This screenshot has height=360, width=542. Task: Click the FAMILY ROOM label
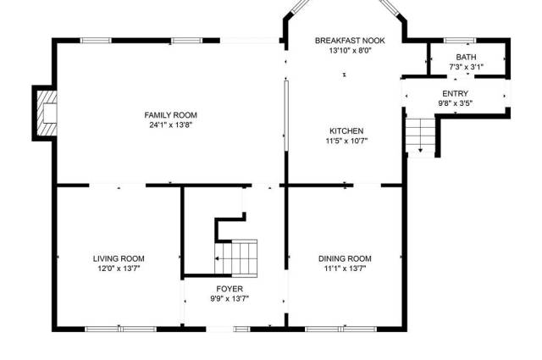tap(170, 115)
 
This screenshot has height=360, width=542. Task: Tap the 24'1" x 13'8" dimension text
tap(170, 125)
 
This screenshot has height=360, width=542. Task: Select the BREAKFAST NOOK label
tap(350, 41)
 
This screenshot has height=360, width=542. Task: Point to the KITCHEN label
tap(346, 131)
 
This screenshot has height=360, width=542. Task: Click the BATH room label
tap(466, 57)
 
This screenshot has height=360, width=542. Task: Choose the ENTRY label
tap(456, 93)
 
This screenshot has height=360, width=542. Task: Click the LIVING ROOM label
tap(119, 258)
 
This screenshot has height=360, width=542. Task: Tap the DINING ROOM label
tap(345, 258)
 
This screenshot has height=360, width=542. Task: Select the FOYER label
tap(230, 288)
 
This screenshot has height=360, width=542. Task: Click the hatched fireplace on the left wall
tap(47, 114)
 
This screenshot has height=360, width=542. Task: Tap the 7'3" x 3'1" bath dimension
tap(466, 67)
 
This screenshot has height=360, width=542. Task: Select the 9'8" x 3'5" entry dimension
tap(456, 103)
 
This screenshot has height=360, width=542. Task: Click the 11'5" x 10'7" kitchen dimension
tap(346, 141)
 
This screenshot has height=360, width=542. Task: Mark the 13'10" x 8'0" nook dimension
tap(350, 51)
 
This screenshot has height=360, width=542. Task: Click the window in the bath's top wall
tap(459, 41)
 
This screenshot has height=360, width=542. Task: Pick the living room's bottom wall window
tap(120, 329)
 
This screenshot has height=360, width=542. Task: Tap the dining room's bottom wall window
tap(340, 329)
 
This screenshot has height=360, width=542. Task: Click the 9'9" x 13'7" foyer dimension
tap(230, 298)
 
